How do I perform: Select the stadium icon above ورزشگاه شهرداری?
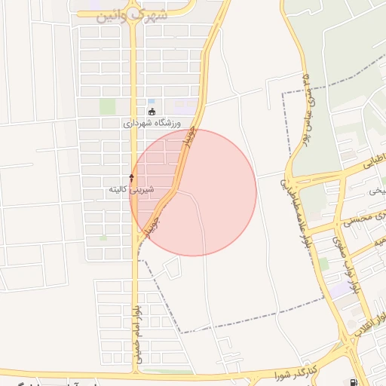coord(152,112)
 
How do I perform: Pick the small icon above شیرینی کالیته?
coord(131,178)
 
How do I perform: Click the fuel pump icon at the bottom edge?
coord(354,382)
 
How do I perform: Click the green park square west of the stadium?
coord(108,106)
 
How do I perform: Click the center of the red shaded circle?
coord(194,192)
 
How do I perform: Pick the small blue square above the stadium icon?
coord(152,102)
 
